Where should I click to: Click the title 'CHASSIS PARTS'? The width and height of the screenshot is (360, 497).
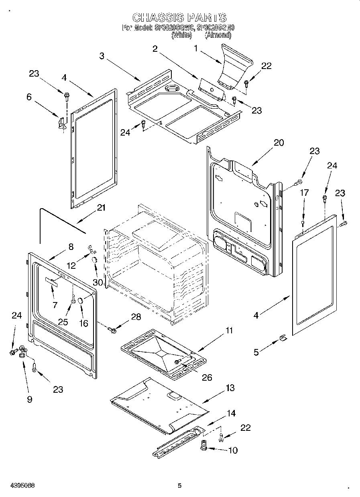click(x=179, y=18)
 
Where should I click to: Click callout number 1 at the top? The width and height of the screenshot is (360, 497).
click(x=196, y=49)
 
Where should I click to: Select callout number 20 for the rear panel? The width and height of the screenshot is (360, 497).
click(x=279, y=143)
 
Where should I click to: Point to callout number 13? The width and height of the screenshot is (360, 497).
click(x=230, y=388)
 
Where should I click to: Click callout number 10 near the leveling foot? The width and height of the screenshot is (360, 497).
click(x=233, y=450)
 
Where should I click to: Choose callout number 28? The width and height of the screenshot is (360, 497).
click(x=136, y=317)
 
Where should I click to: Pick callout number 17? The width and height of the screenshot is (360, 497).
click(x=304, y=193)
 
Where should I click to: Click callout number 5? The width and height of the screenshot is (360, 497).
click(x=256, y=353)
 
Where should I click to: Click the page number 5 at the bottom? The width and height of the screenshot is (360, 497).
click(x=180, y=485)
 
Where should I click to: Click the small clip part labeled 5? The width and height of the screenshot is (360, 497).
click(x=283, y=338)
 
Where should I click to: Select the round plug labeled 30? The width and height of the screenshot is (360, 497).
click(x=95, y=261)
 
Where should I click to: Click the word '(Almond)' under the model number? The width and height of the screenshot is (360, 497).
click(x=218, y=35)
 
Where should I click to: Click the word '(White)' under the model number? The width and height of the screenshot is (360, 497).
click(x=182, y=35)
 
